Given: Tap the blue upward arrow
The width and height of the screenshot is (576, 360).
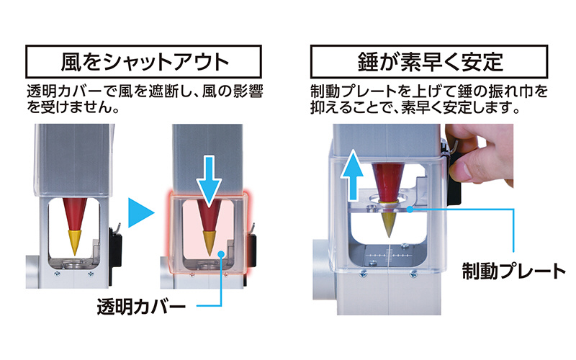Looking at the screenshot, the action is (x=353, y=175).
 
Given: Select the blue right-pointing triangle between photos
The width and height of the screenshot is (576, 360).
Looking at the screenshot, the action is (x=140, y=213).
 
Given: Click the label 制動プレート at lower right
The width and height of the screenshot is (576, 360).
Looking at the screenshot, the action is (x=514, y=271).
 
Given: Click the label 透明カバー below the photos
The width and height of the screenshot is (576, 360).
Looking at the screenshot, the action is (x=141, y=305).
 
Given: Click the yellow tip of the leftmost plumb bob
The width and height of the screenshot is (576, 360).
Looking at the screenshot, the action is (x=75, y=243).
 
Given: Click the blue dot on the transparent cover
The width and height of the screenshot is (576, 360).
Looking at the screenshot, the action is (x=221, y=254).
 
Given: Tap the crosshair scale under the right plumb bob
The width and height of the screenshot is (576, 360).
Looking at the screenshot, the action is (x=389, y=255).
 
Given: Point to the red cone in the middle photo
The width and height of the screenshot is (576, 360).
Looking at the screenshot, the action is (x=210, y=217).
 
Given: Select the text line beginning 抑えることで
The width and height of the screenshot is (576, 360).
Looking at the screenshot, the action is (x=415, y=107).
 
